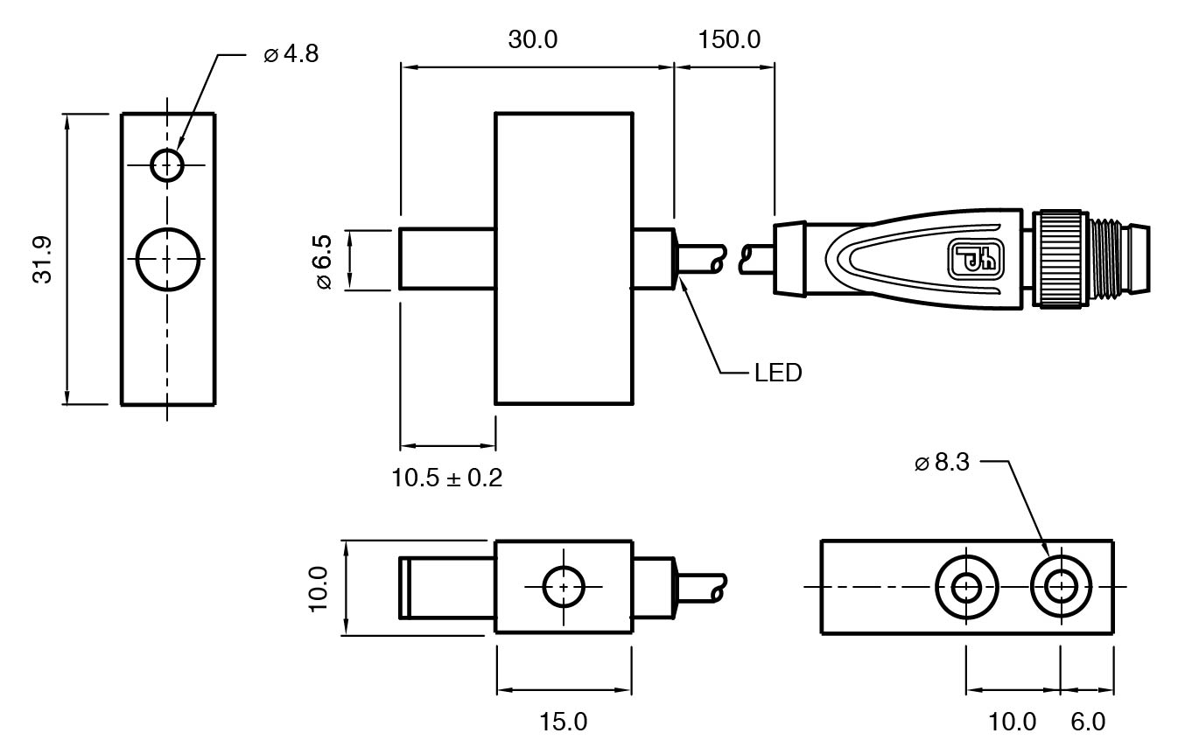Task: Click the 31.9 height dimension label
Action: (43, 260)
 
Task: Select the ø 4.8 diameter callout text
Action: (291, 54)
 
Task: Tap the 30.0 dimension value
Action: (533, 40)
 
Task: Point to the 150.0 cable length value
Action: (729, 40)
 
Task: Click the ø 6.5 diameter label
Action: (324, 262)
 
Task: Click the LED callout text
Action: (778, 373)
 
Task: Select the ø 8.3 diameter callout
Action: (942, 463)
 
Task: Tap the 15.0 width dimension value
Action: (564, 722)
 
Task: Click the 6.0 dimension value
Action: (1088, 722)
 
